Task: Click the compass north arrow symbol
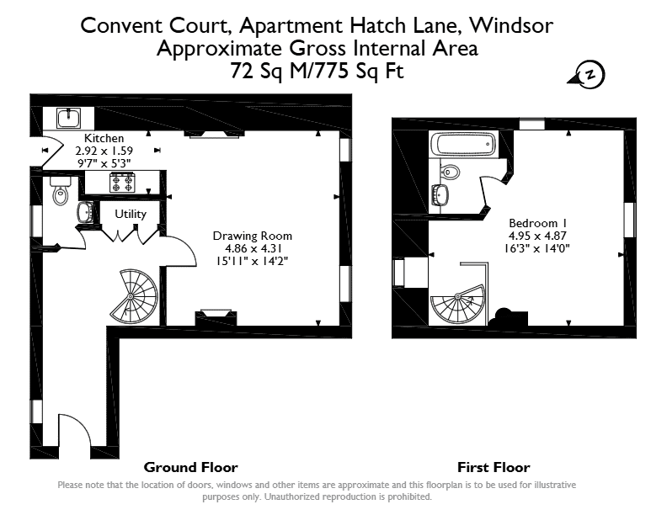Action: pos(587,75)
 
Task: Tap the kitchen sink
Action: pos(68,118)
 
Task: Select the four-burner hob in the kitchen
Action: pos(122,183)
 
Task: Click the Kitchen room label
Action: pos(104,138)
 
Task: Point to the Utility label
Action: pos(131,214)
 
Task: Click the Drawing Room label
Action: pos(253,236)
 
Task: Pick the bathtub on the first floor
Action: pos(463,144)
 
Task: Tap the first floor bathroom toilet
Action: pos(449,173)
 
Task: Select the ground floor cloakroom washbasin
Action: pos(85,211)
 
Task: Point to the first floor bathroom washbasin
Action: pos(440,195)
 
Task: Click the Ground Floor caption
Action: pos(190,467)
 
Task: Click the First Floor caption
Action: pos(494,467)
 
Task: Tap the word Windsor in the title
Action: pos(511,25)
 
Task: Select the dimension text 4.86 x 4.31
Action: pos(253,248)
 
